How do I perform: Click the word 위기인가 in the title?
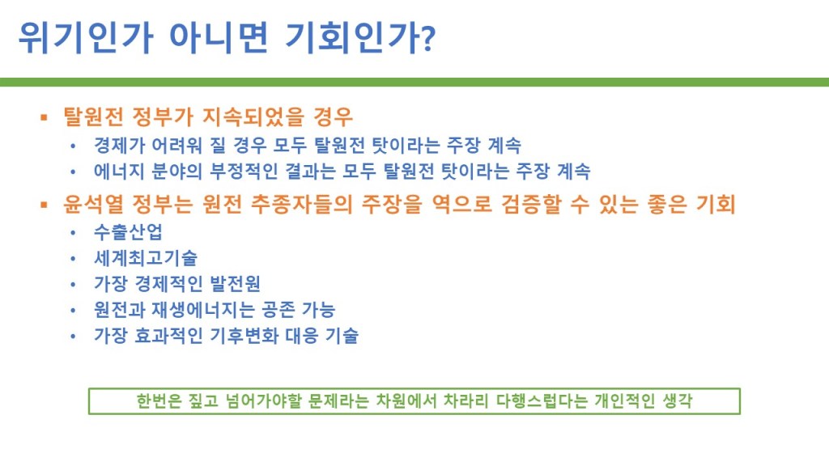(x=86, y=37)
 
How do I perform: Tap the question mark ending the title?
(x=429, y=38)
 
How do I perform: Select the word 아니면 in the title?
(x=219, y=37)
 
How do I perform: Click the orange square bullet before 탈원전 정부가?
(x=44, y=117)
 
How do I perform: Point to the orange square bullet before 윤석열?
(x=44, y=205)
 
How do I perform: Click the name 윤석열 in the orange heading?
(x=93, y=204)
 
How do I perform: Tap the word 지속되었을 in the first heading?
(x=253, y=116)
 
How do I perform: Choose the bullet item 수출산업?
(x=128, y=231)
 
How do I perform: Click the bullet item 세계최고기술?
(x=146, y=257)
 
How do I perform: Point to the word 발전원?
(x=235, y=283)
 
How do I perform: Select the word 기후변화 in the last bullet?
(x=244, y=335)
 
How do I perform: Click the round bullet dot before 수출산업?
(x=73, y=232)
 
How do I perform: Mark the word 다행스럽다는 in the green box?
(x=542, y=401)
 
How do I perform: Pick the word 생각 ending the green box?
(x=678, y=401)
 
